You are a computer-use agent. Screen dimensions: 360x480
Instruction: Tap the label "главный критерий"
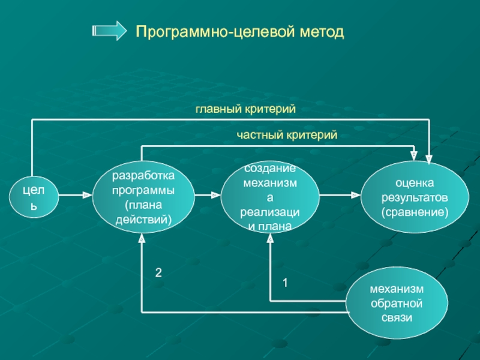246,109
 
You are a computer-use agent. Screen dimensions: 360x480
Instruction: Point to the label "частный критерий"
287,136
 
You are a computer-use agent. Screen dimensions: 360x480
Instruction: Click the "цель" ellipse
33,196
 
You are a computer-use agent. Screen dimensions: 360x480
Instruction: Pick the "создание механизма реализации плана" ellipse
269,197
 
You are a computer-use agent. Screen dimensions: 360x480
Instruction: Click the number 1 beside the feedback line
286,281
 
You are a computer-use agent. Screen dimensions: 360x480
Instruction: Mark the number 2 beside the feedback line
158,272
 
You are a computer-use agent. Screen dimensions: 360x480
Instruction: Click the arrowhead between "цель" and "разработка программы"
86,195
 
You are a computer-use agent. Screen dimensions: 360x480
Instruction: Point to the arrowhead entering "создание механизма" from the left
215,195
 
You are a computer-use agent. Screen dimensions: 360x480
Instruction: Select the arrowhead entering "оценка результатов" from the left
354,195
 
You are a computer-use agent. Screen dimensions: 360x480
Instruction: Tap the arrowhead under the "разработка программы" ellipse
142,239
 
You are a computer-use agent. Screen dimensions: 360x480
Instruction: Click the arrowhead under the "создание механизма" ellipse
270,239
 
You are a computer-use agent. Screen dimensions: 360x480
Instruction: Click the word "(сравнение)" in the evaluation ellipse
415,212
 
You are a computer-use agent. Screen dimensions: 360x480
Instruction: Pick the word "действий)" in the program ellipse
143,220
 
